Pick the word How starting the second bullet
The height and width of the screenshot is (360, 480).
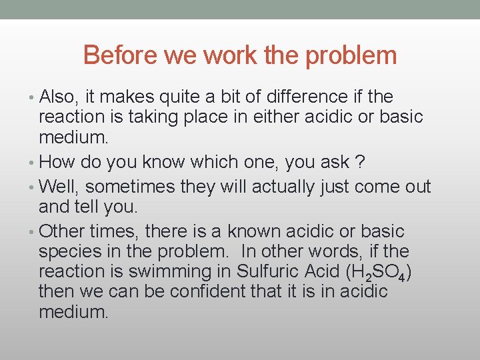[x=55, y=162]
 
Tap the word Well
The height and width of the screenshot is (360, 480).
[x=59, y=187]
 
